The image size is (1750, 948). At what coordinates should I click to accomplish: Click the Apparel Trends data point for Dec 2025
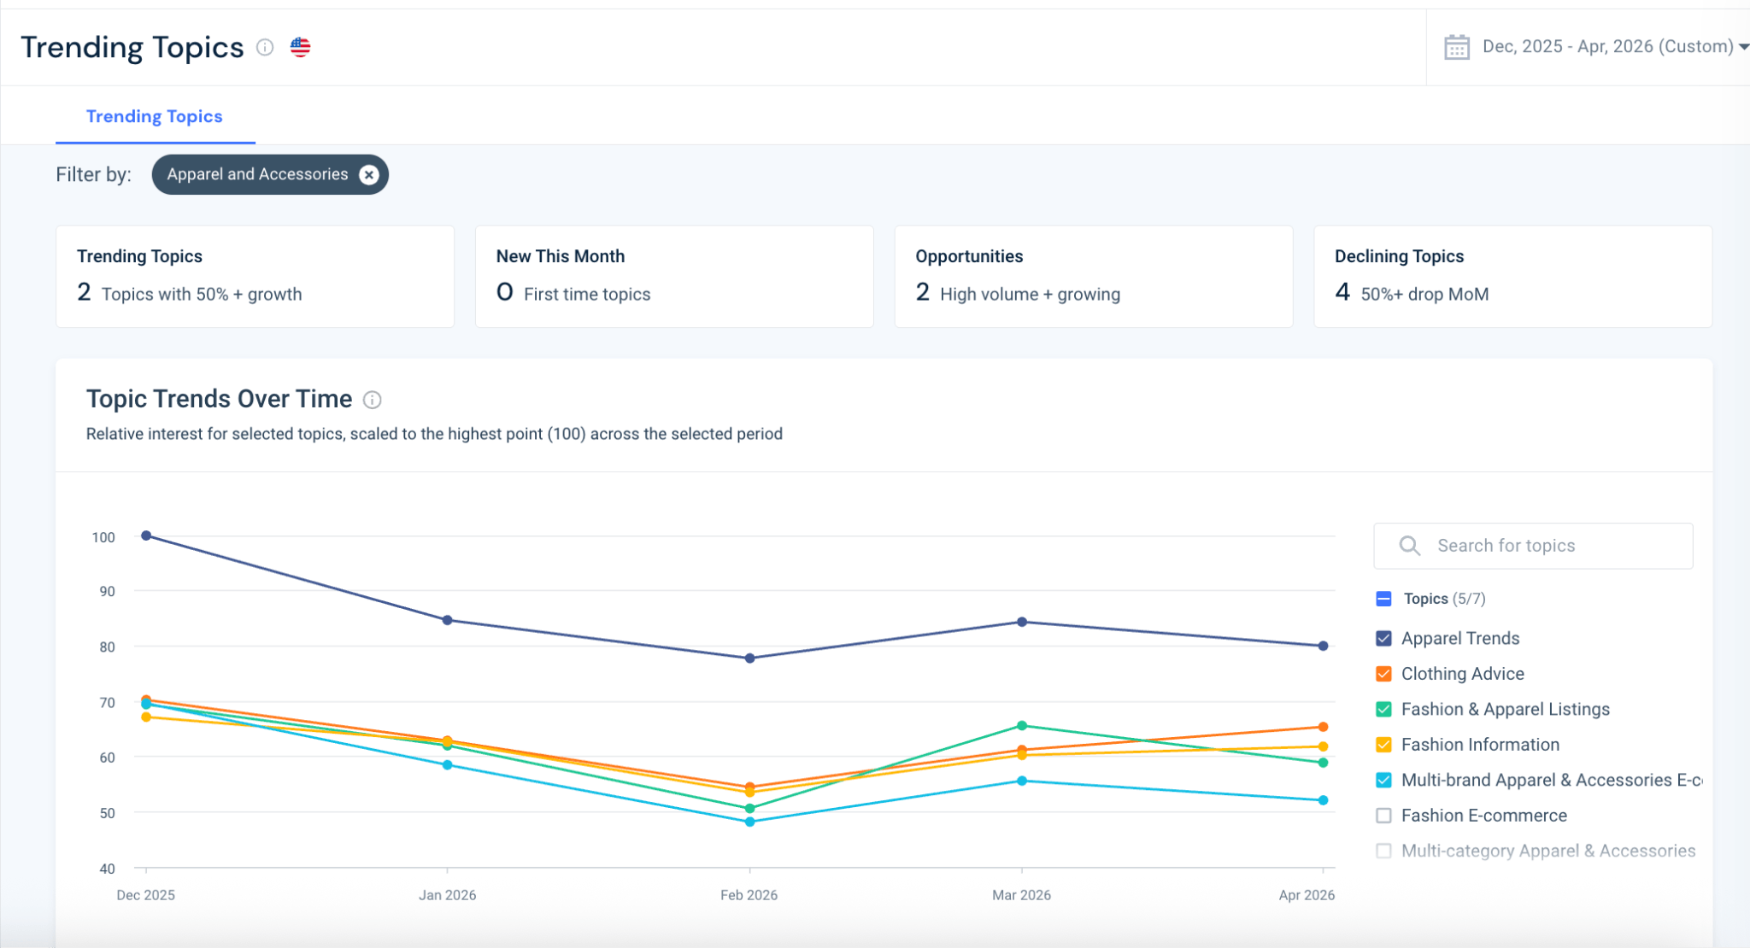[146, 535]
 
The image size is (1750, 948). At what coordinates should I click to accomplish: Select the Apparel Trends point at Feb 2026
[749, 658]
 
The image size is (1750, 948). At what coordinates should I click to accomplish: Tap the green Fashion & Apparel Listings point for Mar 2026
[1022, 726]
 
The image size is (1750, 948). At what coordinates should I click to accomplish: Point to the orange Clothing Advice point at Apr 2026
[1323, 727]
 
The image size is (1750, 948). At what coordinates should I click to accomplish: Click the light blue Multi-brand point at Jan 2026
[447, 765]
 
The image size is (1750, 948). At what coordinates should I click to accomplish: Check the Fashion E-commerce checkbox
[1384, 816]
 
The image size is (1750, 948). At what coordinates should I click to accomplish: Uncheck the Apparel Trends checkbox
[1384, 639]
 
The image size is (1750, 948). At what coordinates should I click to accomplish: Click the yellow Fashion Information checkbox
[1384, 745]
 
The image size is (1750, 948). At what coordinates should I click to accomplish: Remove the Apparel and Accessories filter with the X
[369, 175]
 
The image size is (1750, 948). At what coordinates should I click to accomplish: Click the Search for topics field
[1533, 546]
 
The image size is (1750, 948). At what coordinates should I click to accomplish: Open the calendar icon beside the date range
[1457, 47]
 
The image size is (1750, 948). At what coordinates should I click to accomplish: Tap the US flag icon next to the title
[300, 47]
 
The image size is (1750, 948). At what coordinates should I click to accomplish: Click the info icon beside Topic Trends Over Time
[373, 400]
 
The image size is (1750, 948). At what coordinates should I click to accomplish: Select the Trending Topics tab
[155, 116]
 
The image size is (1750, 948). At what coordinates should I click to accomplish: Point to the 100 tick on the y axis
[103, 537]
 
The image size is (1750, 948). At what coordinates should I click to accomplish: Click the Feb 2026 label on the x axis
[749, 895]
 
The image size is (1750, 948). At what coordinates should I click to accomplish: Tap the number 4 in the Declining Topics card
[1342, 293]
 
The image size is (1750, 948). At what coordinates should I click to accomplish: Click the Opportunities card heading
[969, 256]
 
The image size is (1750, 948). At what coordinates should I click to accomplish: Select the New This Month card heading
[561, 256]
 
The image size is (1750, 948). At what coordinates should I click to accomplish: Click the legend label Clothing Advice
[1463, 674]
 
